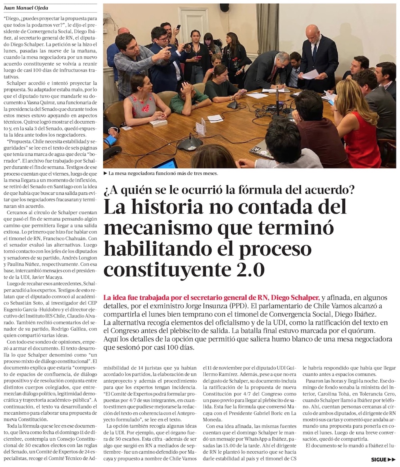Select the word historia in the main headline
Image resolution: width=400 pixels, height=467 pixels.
pos(175,208)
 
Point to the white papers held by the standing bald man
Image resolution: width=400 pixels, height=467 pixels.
pos(311,74)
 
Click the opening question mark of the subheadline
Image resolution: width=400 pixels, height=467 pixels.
pos(107,190)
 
